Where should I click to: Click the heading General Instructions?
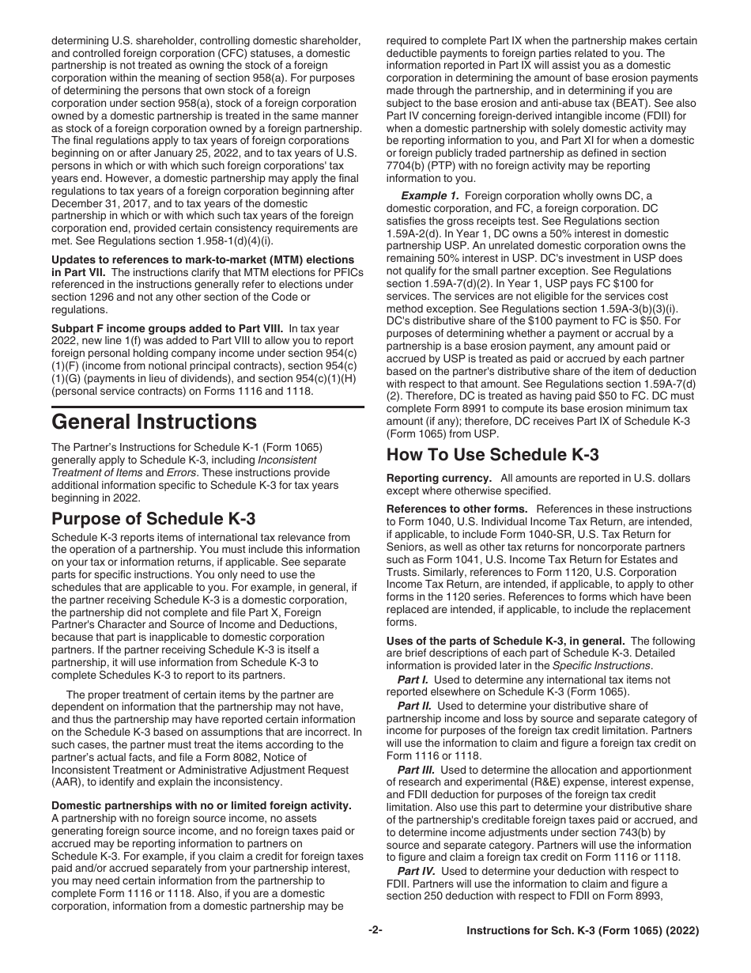[x=154, y=421]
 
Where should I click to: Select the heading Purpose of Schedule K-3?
[x=153, y=519]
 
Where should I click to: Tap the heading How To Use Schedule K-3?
[x=492, y=454]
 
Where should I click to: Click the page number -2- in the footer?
[x=375, y=930]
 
